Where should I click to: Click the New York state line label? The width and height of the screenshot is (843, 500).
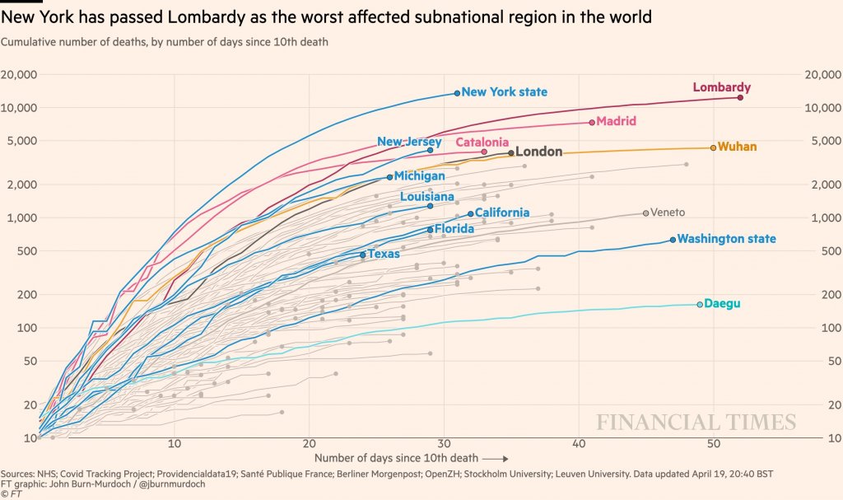point(504,92)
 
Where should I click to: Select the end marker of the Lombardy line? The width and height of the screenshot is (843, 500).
point(740,97)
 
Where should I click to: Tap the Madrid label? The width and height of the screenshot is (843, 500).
point(616,121)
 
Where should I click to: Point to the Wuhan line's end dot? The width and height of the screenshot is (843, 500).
point(713,147)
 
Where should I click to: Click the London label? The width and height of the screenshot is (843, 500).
point(538,152)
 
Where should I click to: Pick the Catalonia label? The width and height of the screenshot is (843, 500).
point(482,142)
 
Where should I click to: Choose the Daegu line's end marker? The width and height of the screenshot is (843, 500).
point(700,304)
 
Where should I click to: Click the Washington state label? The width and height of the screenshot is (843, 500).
point(727,239)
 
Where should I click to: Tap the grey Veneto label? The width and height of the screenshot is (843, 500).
point(668,213)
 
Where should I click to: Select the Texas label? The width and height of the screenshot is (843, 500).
point(384,254)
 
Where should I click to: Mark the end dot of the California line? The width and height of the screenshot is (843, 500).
point(471,213)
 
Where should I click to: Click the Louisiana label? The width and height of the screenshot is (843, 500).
point(426,197)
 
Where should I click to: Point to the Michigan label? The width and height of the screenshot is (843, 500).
point(419,175)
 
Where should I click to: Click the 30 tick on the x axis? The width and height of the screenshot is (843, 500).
point(444,443)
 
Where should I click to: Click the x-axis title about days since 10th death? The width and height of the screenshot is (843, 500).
point(395,457)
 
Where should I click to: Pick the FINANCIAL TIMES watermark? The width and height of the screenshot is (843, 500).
point(696,423)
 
